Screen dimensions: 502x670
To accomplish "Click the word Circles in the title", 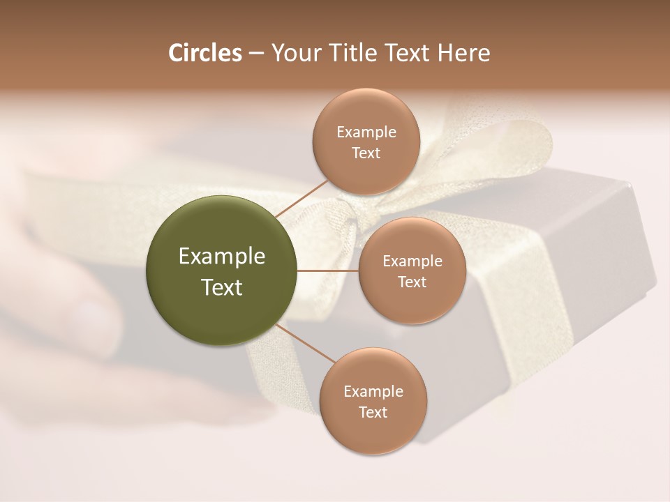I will tap(204, 53).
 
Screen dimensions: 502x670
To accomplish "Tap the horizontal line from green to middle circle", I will tap(328, 271).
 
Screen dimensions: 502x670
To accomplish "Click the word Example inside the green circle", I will tap(221, 257).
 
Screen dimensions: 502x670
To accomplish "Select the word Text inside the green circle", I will tap(221, 287).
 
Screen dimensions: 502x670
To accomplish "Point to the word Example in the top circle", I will tap(366, 132).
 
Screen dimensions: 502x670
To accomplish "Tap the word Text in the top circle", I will tap(366, 153).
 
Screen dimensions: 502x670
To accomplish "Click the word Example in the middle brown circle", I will tap(412, 261).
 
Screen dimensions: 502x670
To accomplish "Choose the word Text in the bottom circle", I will tap(373, 412).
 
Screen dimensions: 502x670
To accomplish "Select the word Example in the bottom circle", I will tap(373, 392).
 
